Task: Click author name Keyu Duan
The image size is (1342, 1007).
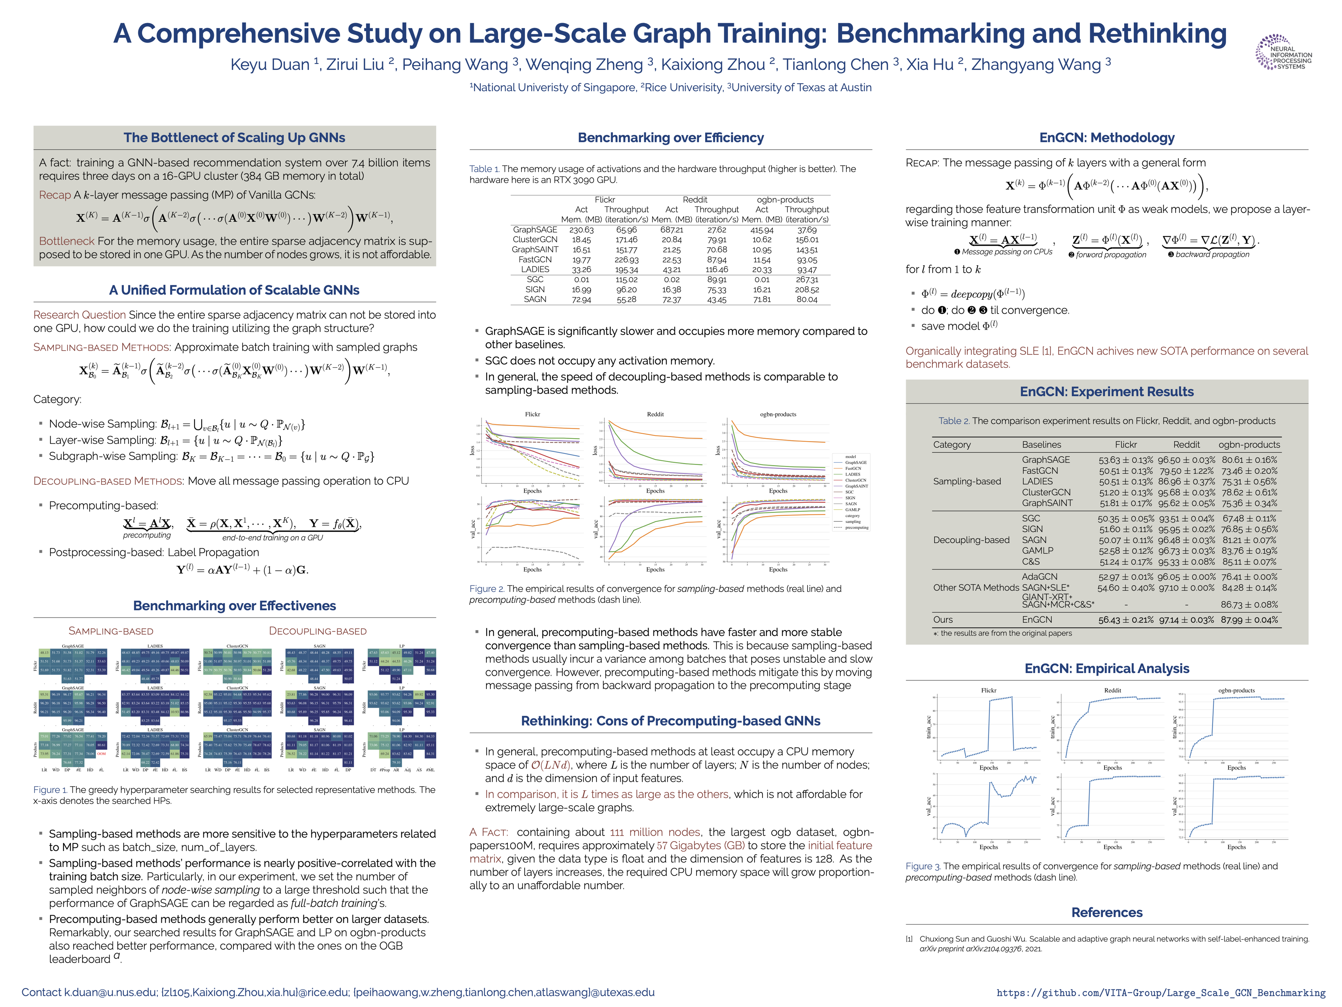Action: pyautogui.click(x=270, y=64)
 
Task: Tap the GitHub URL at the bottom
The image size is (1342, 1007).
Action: pyautogui.click(x=1161, y=992)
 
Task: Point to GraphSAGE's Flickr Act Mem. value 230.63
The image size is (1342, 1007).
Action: pyautogui.click(x=581, y=230)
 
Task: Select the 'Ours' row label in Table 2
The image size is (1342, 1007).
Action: pyautogui.click(x=943, y=620)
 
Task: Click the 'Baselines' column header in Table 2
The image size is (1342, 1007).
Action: pyautogui.click(x=1042, y=444)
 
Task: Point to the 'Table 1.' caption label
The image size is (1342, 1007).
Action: pyautogui.click(x=484, y=169)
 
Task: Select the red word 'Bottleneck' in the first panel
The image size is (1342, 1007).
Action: pyautogui.click(x=67, y=241)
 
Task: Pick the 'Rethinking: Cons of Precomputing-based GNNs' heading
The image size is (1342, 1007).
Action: pyautogui.click(x=670, y=721)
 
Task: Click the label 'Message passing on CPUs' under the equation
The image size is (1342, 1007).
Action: pyautogui.click(x=1006, y=252)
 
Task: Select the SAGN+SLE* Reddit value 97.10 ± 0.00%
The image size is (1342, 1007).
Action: pyautogui.click(x=1186, y=587)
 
